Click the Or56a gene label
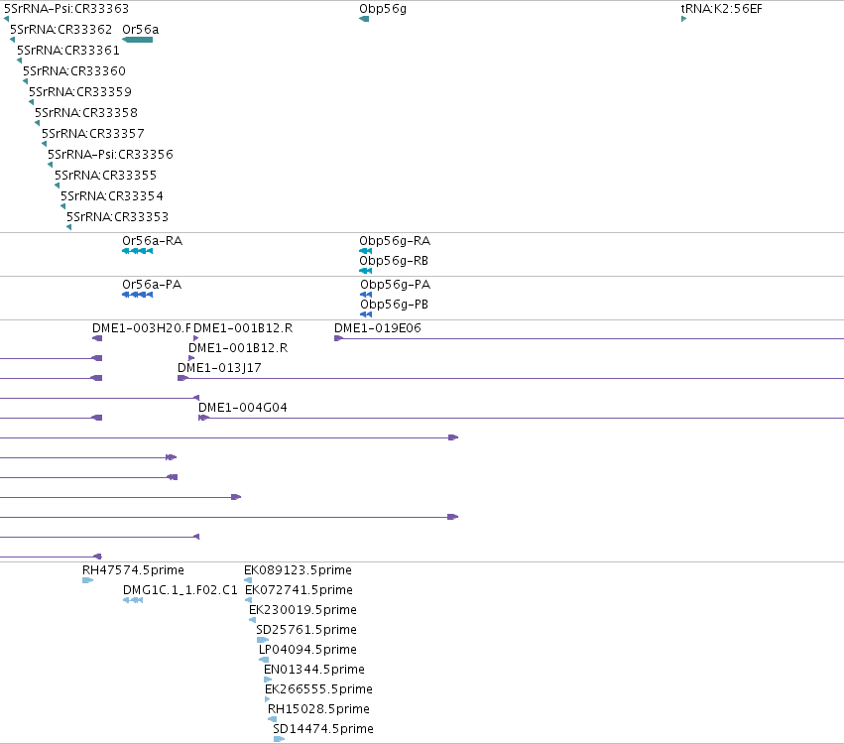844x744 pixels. click(x=141, y=30)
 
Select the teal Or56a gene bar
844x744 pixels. click(x=138, y=40)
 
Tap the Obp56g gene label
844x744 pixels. click(x=383, y=9)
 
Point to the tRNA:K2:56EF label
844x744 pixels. click(x=721, y=9)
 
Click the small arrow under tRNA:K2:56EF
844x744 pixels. click(x=683, y=19)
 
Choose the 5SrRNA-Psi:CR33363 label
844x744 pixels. click(x=66, y=9)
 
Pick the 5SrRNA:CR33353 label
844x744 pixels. click(x=117, y=217)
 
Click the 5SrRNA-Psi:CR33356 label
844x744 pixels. click(x=110, y=155)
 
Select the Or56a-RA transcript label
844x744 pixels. click(x=153, y=241)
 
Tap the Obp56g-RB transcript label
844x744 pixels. click(x=394, y=261)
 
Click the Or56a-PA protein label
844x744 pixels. click(x=152, y=285)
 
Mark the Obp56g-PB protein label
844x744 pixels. click(x=395, y=305)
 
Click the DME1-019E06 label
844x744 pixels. click(x=378, y=327)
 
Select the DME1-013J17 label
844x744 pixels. click(x=219, y=368)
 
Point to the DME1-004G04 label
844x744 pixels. click(x=243, y=408)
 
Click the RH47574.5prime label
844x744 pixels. click(x=134, y=570)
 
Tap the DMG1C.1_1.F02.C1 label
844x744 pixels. click(x=181, y=590)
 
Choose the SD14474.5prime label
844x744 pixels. click(x=323, y=729)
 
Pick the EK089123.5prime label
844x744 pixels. click(x=298, y=570)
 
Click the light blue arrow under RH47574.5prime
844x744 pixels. click(x=87, y=580)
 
